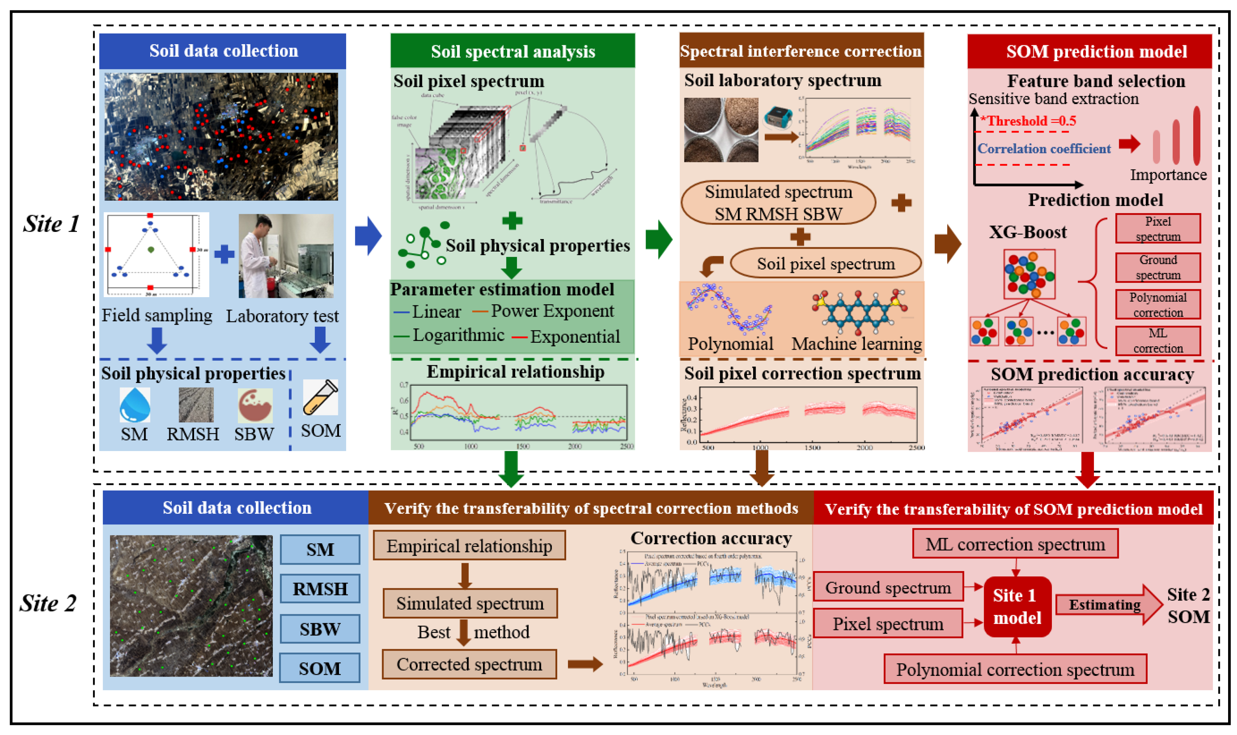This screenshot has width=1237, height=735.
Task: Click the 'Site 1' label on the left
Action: point(51,224)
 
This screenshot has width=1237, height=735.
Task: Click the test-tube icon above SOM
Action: point(320,397)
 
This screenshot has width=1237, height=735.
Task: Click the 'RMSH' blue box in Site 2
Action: point(320,589)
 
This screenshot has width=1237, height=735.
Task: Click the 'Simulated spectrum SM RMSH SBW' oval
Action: point(778,203)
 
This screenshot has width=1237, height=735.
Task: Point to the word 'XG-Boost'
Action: point(1027,232)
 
